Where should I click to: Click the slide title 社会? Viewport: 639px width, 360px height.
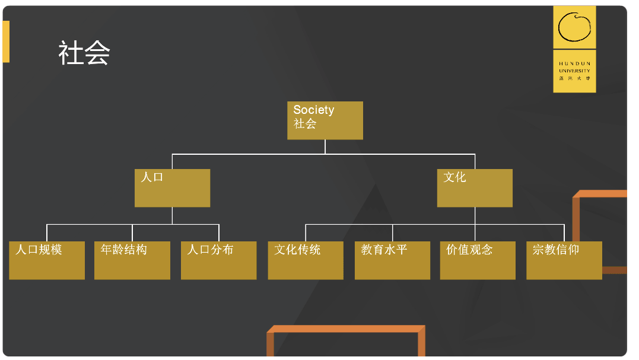[x=84, y=53]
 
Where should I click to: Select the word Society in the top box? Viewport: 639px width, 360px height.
[x=313, y=110]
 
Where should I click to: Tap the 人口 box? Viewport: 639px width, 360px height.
[x=172, y=188]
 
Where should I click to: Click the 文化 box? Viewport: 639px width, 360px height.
[x=475, y=188]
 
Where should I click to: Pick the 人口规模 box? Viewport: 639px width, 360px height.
[x=47, y=260]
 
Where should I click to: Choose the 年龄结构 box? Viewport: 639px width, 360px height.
[x=132, y=260]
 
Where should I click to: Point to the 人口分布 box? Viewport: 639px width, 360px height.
[x=218, y=260]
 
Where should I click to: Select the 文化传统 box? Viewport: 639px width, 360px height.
[x=306, y=260]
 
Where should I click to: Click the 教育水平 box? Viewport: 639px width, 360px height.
[x=392, y=260]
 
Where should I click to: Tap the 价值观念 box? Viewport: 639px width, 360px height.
[x=478, y=260]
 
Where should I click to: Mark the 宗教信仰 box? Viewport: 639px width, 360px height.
[x=564, y=260]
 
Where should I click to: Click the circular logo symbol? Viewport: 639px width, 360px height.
[x=574, y=27]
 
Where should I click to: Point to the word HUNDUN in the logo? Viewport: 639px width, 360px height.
[x=574, y=63]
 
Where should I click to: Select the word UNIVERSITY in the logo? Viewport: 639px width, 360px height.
[x=574, y=71]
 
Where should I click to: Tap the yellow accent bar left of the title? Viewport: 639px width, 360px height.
[x=6, y=42]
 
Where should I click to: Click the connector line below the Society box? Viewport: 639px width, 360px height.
[x=325, y=146]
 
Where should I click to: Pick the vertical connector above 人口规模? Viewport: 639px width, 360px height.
[x=47, y=232]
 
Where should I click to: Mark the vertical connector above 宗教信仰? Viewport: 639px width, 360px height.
[x=564, y=232]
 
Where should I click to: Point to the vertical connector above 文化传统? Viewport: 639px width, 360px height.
[x=306, y=232]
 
